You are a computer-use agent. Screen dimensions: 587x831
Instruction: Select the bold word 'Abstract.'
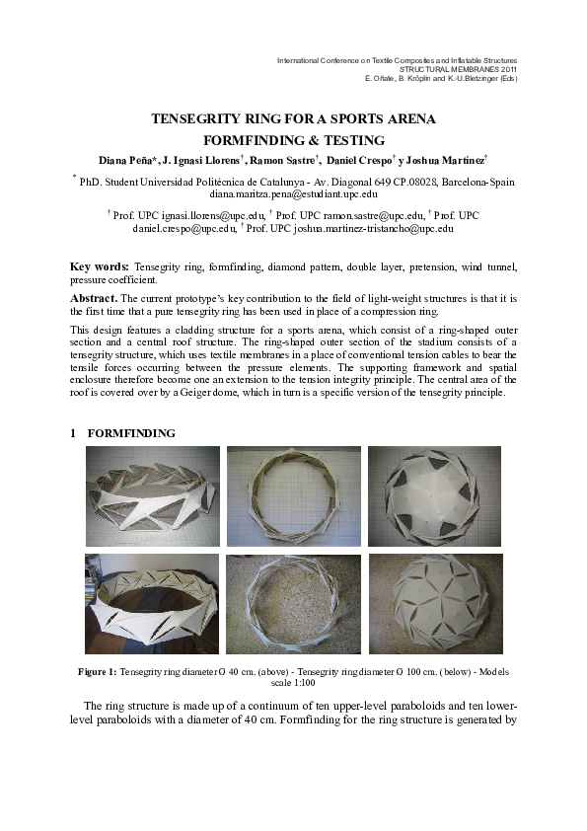[x=94, y=297]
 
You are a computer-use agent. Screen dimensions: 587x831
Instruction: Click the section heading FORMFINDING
[x=131, y=433]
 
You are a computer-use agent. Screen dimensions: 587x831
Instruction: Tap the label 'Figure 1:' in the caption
[x=97, y=671]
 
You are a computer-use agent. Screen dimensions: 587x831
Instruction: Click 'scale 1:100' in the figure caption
[x=293, y=682]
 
